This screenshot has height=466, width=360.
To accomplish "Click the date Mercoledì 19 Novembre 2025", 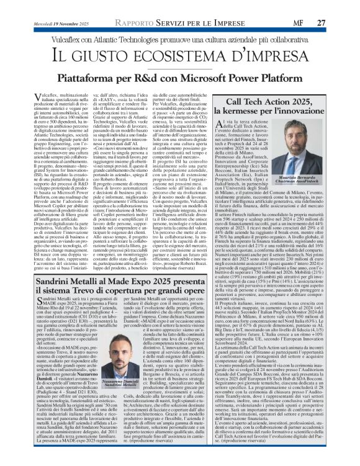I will tap(51, 7).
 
